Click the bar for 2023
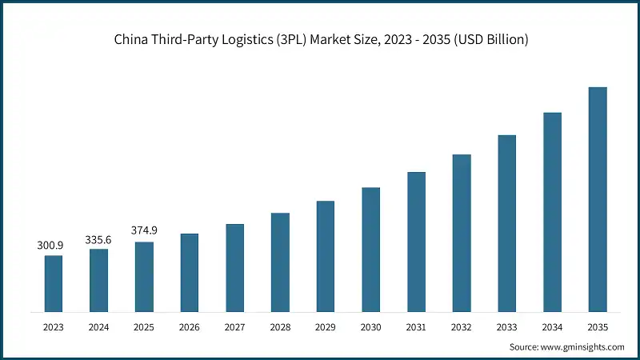tap(54, 283)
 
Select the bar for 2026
tap(190, 272)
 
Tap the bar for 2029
tap(326, 256)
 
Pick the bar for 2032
tap(462, 233)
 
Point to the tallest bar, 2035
tap(598, 199)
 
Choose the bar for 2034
tap(552, 212)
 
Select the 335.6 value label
tap(99, 239)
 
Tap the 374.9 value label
tap(144, 230)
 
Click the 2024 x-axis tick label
tap(99, 326)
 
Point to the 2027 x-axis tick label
tap(235, 326)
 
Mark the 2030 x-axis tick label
tap(371, 326)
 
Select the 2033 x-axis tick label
tap(507, 326)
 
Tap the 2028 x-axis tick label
tap(280, 326)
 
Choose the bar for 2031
tap(416, 242)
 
